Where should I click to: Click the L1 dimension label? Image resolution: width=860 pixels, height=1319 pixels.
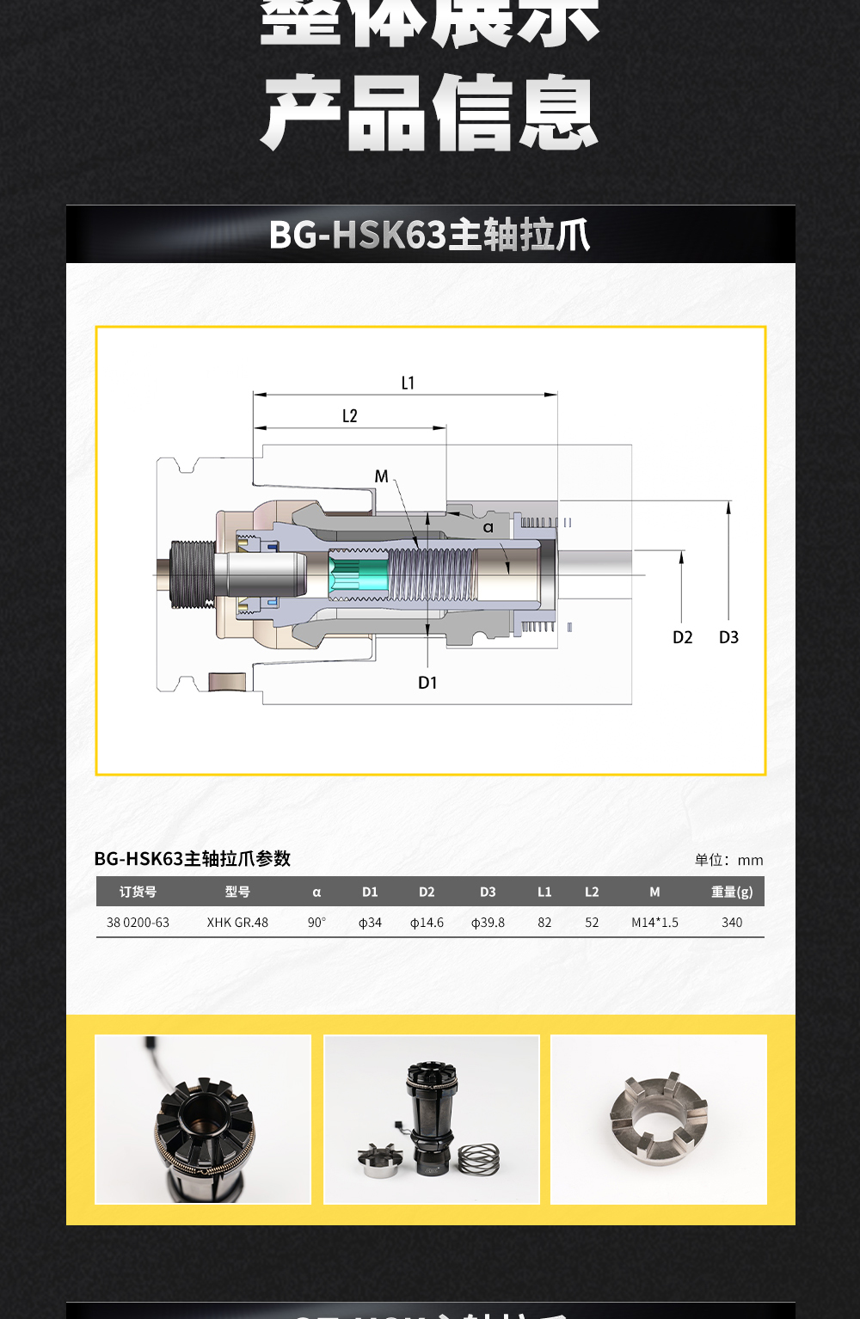(x=408, y=383)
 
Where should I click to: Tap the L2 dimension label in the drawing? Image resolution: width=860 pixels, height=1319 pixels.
(x=349, y=416)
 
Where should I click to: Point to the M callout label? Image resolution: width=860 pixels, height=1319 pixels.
(x=381, y=476)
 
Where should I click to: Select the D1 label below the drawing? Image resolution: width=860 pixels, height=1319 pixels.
(x=427, y=683)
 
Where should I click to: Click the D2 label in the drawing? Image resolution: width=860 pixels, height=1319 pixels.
(x=682, y=637)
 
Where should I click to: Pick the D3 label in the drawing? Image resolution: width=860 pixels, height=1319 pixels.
(x=728, y=637)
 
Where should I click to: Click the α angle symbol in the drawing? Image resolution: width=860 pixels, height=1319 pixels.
(x=488, y=527)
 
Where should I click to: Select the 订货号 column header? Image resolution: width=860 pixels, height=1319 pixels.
(x=138, y=892)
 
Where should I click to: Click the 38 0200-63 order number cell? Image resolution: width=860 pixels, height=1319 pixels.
(x=138, y=923)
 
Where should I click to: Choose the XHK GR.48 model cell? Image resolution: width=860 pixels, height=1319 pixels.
(x=237, y=923)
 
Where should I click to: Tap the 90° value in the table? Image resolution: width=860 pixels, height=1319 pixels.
(x=316, y=923)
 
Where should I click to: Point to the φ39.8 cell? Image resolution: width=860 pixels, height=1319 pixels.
(x=488, y=923)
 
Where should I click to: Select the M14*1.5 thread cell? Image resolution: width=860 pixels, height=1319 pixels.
(x=654, y=923)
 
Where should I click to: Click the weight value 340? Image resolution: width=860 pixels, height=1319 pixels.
(x=732, y=923)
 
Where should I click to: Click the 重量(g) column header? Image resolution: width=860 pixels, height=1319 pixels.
(x=732, y=892)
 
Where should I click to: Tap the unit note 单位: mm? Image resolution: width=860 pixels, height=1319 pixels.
(x=728, y=860)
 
